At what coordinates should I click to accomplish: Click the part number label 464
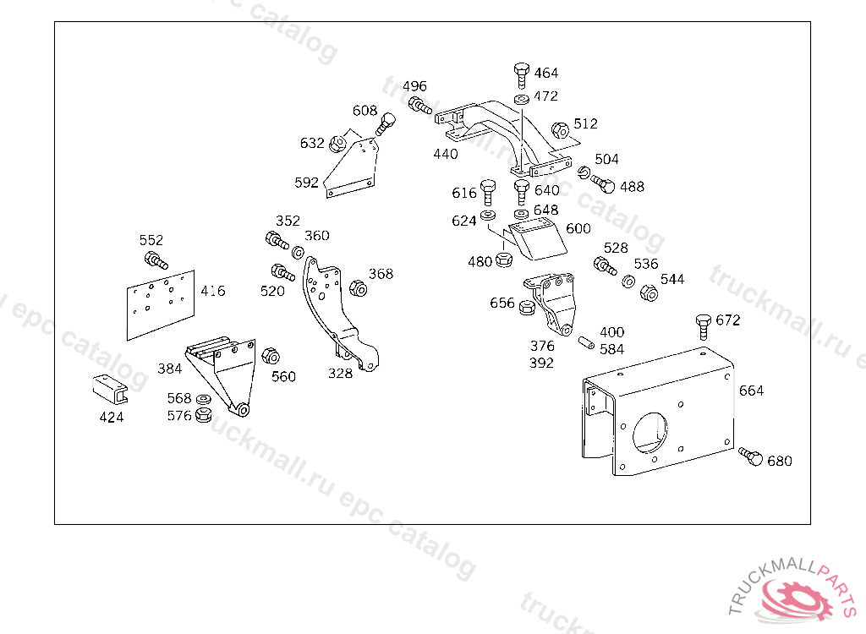(x=545, y=73)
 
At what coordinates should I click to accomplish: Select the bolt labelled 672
(x=703, y=326)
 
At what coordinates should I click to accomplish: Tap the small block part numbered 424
(x=110, y=389)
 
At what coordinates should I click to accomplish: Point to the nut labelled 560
(x=270, y=356)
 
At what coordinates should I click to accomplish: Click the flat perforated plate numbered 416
(x=161, y=305)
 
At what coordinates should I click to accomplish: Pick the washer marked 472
(x=521, y=100)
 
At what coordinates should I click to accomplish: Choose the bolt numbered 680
(x=751, y=456)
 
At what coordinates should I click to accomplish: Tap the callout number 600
(x=578, y=228)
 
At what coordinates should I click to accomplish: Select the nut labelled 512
(x=560, y=131)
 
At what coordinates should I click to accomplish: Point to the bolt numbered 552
(x=156, y=260)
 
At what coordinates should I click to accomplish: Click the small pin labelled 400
(x=586, y=342)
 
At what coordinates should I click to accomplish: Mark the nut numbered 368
(x=359, y=288)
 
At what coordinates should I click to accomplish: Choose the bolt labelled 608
(x=385, y=124)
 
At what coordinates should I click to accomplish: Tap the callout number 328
(x=340, y=374)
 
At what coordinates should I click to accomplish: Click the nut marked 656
(x=527, y=307)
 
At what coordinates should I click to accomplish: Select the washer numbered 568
(x=203, y=399)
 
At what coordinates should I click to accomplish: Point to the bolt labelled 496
(x=420, y=106)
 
